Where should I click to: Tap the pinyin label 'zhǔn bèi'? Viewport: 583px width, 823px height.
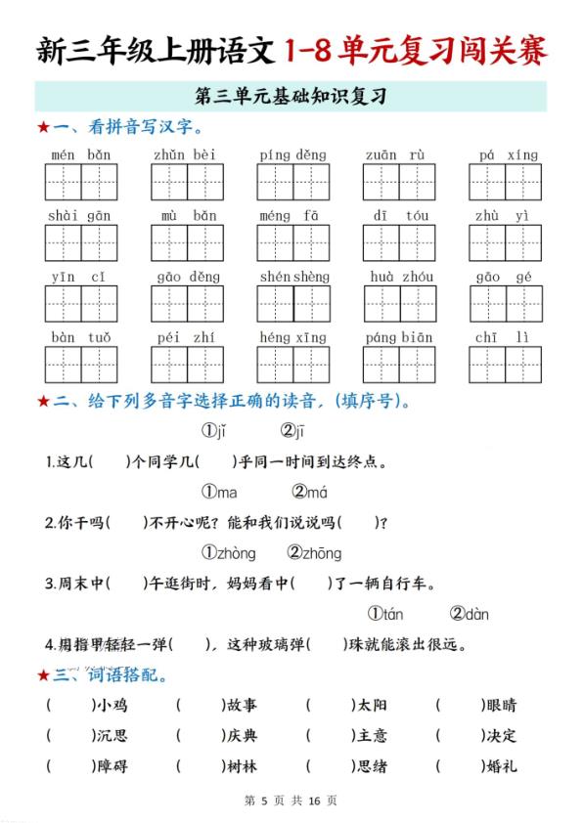click(186, 154)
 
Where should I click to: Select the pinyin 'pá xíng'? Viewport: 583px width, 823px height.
click(508, 154)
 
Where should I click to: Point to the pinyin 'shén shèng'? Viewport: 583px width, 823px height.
click(294, 277)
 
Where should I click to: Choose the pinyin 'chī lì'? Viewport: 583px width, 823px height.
click(505, 337)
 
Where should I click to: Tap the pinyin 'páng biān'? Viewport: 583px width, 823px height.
click(399, 337)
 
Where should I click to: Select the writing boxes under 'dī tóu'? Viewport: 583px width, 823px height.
click(399, 242)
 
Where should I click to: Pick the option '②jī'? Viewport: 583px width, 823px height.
click(292, 431)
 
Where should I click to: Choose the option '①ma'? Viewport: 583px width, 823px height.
click(220, 492)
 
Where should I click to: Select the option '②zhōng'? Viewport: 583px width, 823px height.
click(314, 553)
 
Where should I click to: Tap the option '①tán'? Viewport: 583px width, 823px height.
click(385, 614)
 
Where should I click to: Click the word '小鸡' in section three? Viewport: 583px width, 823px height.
click(111, 705)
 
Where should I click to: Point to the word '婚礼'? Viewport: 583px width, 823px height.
click(500, 766)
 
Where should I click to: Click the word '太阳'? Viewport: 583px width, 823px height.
click(371, 705)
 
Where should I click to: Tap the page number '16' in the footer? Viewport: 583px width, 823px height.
click(314, 801)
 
